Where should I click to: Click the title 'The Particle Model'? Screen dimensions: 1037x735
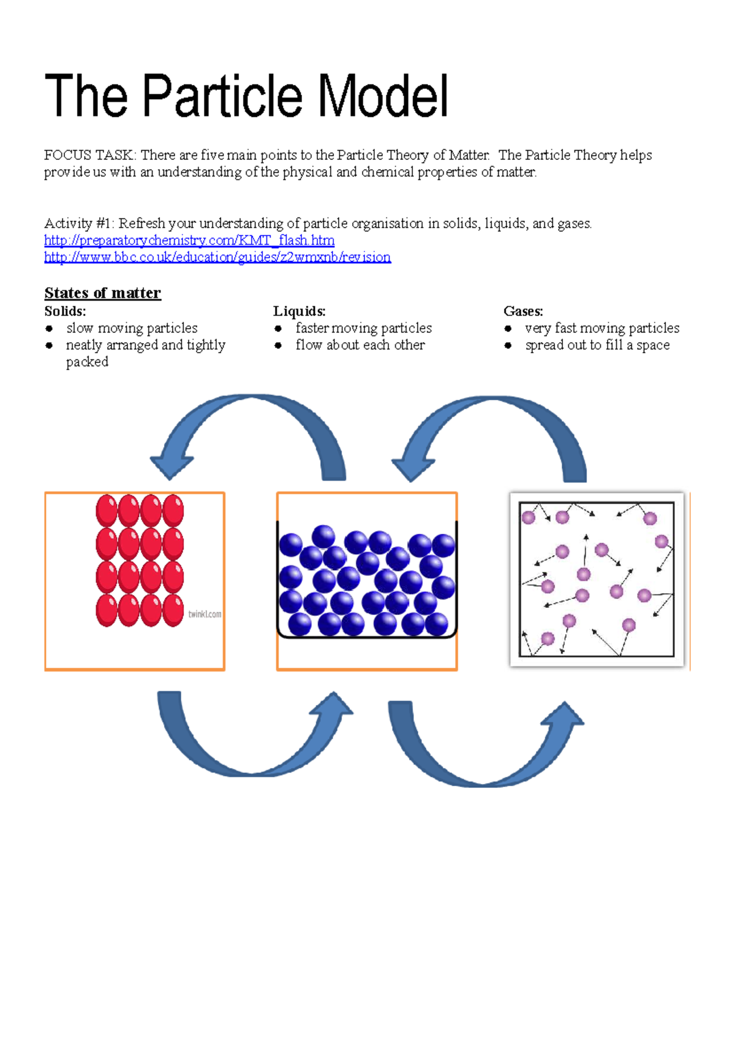coord(246,96)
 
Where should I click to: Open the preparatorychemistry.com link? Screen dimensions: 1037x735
coord(189,241)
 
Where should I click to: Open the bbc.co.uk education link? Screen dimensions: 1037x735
coord(217,257)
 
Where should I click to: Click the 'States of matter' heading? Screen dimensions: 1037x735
coord(102,293)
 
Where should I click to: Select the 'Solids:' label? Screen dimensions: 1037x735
coord(65,311)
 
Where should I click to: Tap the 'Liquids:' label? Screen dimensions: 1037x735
coord(299,311)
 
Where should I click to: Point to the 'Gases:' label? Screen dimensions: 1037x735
coord(523,311)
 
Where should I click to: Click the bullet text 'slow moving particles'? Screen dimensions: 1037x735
coord(132,328)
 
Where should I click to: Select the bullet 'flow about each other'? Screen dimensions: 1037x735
coord(360,345)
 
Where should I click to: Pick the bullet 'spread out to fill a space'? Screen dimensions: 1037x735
coord(597,345)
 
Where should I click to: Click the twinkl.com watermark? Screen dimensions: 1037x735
coord(205,614)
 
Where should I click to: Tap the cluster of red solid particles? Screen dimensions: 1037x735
coord(140,560)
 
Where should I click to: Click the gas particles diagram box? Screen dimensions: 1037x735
coord(597,579)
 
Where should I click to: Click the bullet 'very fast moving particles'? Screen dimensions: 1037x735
coord(602,328)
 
